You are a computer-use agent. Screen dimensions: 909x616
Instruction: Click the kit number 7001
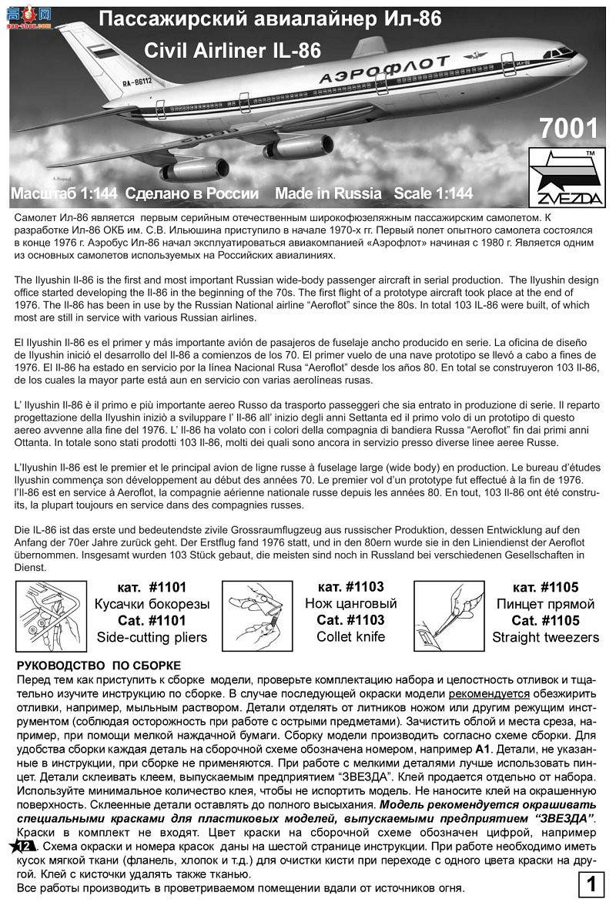[x=567, y=128]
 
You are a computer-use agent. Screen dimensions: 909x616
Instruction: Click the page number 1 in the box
[x=591, y=886]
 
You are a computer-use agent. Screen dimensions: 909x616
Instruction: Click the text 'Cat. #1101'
[x=151, y=620]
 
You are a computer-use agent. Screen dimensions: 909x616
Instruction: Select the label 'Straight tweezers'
[x=546, y=637]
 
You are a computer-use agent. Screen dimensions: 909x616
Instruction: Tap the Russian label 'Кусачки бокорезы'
[x=151, y=604]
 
